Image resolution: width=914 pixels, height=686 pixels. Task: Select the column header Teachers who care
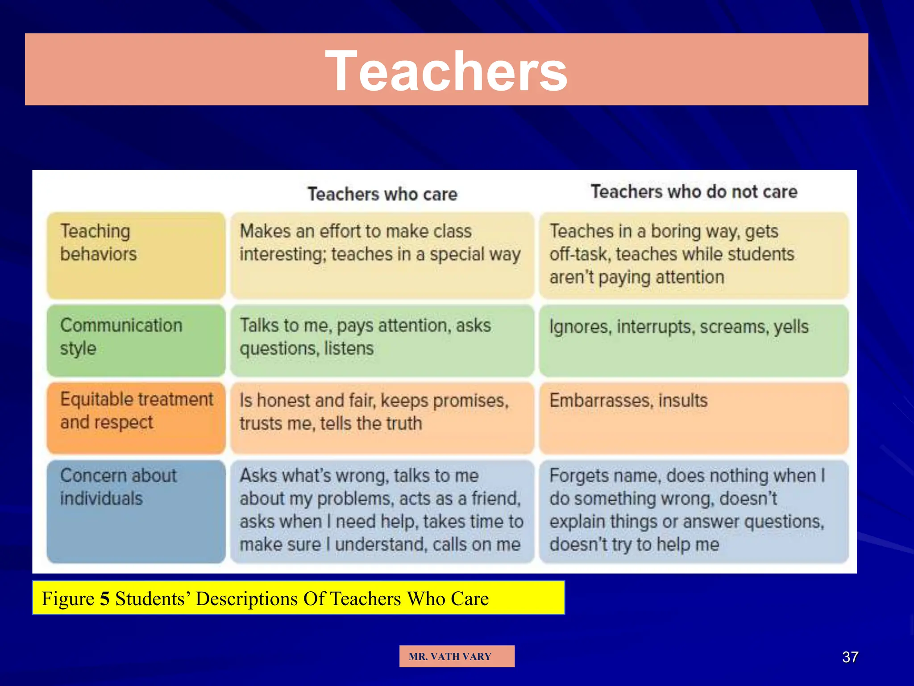tap(382, 194)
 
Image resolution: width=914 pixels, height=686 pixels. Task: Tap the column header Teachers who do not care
tap(694, 192)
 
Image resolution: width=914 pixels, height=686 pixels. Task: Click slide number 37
tap(850, 657)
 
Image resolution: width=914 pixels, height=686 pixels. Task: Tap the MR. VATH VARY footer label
tap(450, 657)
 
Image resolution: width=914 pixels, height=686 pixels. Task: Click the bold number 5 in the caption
tap(104, 598)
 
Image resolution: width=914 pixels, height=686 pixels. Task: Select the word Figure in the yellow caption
tap(68, 598)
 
